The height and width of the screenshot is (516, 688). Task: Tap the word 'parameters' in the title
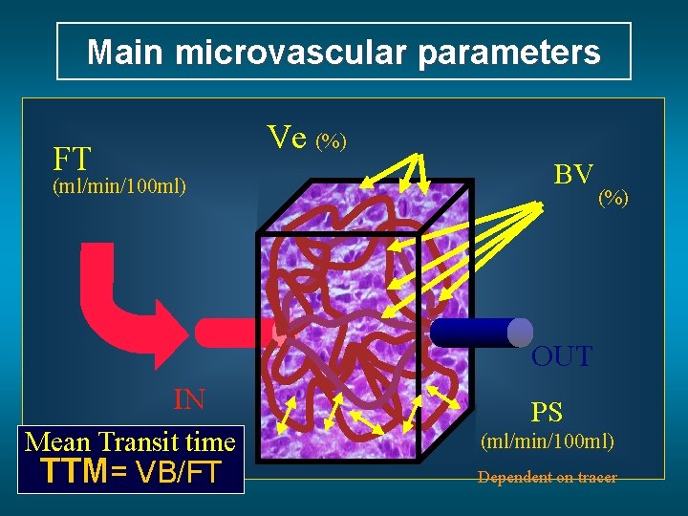tap(503, 52)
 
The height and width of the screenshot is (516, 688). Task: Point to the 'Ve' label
tap(287, 139)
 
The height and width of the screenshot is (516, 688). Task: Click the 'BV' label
tap(573, 174)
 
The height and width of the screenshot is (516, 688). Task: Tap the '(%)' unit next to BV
tap(613, 199)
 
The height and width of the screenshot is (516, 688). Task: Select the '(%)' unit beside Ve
tap(332, 141)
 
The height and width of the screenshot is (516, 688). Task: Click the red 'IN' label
tap(189, 398)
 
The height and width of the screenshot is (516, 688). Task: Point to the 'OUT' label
tap(562, 357)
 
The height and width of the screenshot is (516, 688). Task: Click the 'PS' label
tap(547, 413)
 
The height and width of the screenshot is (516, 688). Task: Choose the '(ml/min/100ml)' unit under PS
tap(548, 442)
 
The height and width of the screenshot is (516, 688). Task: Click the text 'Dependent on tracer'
tap(548, 477)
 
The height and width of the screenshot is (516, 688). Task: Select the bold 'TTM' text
tap(74, 472)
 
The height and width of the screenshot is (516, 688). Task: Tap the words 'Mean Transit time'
tap(130, 441)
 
